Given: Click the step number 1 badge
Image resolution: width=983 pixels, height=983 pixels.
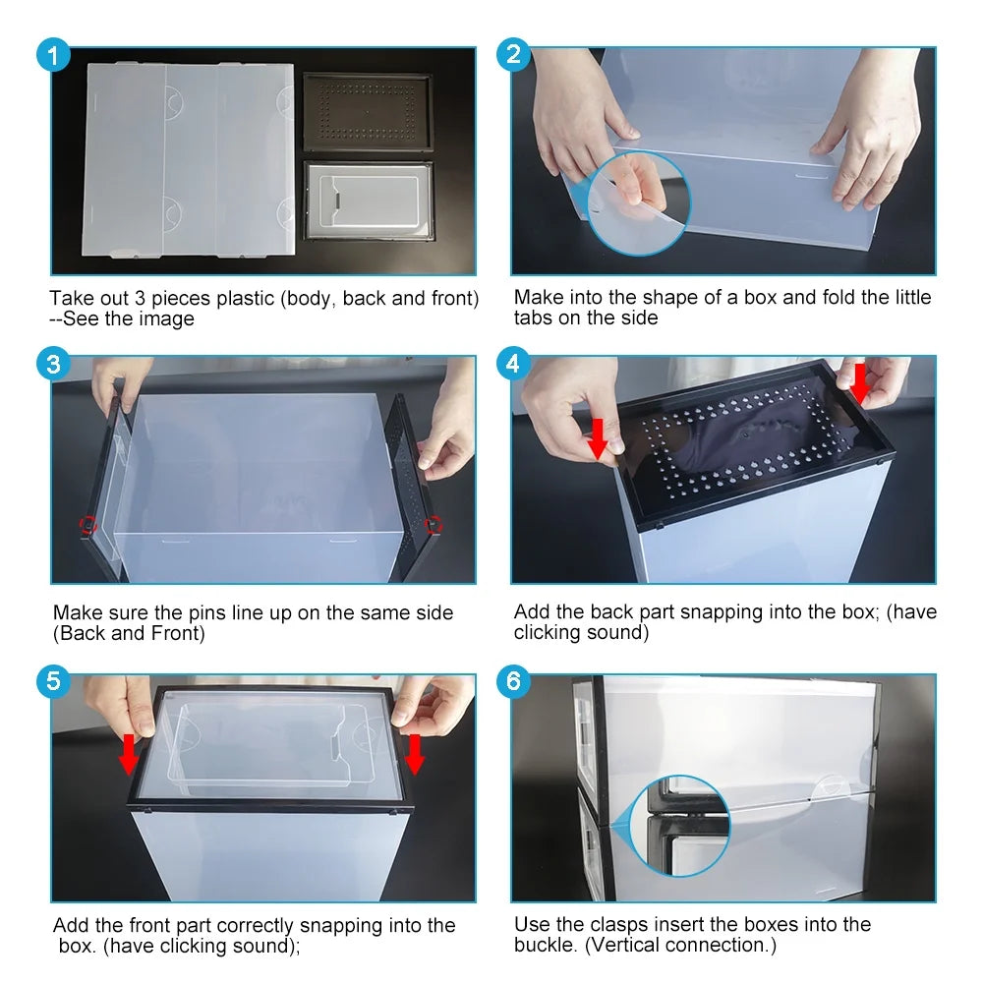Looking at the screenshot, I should tap(54, 55).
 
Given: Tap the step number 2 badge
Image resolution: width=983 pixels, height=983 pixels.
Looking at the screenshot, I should tap(513, 55).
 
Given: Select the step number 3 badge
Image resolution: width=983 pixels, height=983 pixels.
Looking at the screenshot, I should tap(54, 364).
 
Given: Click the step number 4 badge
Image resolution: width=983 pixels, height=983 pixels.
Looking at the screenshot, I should tap(513, 364).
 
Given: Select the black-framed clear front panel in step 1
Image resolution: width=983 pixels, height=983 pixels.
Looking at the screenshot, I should tap(368, 201).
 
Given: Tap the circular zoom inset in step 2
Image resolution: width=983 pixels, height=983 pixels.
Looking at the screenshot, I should tap(638, 203).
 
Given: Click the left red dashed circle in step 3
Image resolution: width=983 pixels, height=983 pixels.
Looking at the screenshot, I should tap(88, 525).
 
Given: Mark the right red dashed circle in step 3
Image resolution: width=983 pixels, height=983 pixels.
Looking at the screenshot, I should tap(434, 525).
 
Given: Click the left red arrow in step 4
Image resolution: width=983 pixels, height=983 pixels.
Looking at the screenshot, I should tap(597, 438).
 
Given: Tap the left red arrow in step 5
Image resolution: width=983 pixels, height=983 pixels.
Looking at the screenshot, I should tap(128, 754).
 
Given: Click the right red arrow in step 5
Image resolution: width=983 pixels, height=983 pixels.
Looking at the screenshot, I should tap(415, 754).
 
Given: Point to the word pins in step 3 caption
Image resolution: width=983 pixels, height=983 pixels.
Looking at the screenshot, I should tap(206, 613).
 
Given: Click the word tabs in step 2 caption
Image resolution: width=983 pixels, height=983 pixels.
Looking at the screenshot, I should tap(534, 318).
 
